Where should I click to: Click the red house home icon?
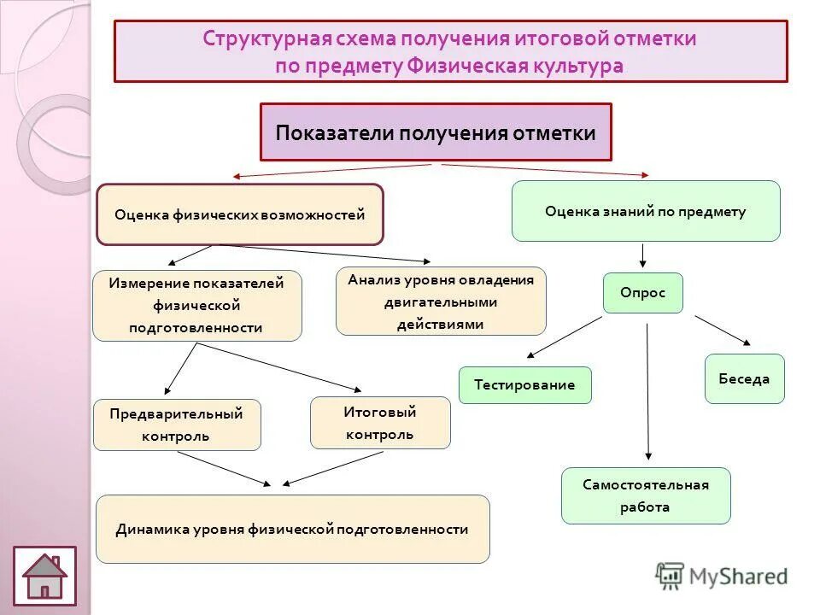pos(44,576)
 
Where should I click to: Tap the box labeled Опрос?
pos(643,293)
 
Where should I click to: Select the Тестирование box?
pos(524,384)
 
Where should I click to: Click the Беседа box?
pos(744,378)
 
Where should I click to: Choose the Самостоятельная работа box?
pos(646,495)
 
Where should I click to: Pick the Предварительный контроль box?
pos(177,425)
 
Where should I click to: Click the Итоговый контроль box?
pos(379,423)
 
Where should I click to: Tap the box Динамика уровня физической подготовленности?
pos(292,529)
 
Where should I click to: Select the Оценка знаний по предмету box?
pos(646,211)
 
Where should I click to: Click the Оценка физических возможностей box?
pos(240,214)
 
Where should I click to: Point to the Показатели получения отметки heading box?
pos(436,132)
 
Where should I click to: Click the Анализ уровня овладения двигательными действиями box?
pos(441,301)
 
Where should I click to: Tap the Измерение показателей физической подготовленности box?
pos(196,305)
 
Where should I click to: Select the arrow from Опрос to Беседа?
pos(723,330)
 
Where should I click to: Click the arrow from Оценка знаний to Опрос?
pos(643,255)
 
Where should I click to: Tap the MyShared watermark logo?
pos(722,576)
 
